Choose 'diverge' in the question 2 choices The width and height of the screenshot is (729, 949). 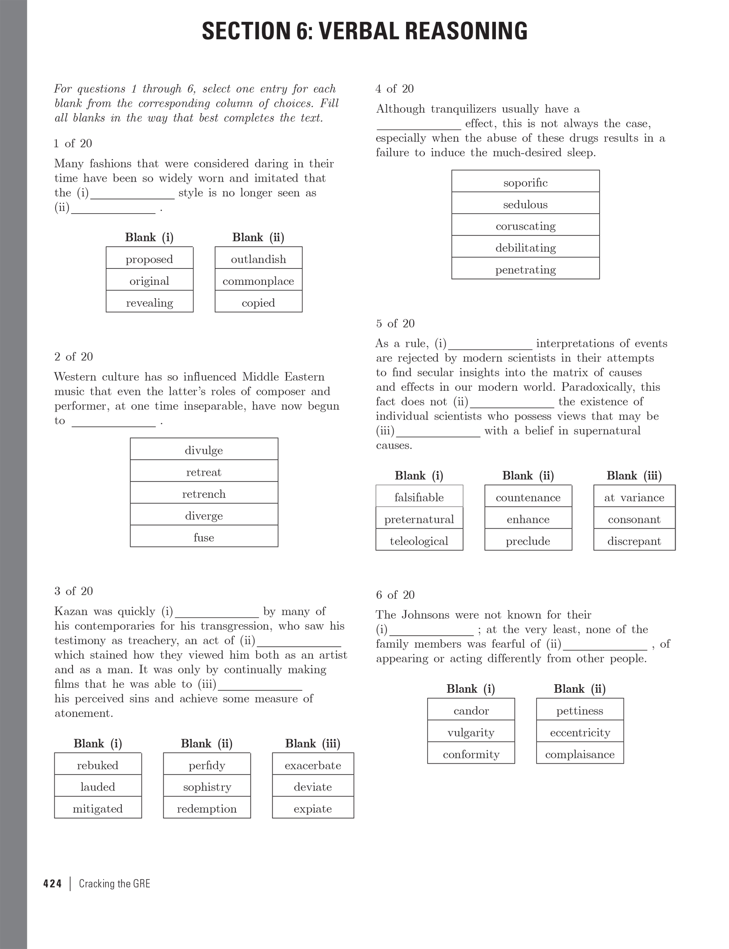[x=204, y=515]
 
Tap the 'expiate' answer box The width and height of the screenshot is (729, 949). [x=313, y=808]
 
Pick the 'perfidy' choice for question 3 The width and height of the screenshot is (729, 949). [x=207, y=765]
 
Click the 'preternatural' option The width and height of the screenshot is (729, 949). [x=419, y=519]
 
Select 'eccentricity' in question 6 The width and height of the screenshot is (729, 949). [x=580, y=732]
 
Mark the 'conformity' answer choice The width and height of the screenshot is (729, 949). [x=471, y=754]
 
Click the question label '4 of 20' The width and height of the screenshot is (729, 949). [x=395, y=89]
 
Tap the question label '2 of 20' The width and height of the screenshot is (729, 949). [x=73, y=357]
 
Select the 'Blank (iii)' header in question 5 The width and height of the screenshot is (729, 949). [x=634, y=475]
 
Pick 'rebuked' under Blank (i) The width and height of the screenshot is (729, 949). [x=98, y=765]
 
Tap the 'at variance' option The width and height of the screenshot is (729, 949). [x=634, y=497]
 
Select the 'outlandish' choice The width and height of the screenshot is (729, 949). [x=258, y=259]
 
